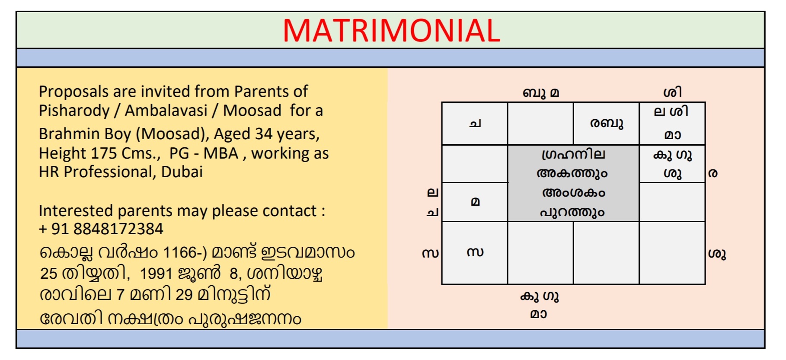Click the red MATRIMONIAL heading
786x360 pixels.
[391, 30]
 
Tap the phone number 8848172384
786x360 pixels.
[118, 229]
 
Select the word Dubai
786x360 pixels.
[182, 172]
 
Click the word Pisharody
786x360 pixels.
[74, 111]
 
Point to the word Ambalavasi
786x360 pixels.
[166, 110]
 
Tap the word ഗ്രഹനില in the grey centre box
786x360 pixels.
[573, 154]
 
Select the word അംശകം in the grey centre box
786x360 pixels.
[573, 192]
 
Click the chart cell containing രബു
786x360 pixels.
[606, 123]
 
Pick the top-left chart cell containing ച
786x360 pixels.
[474, 123]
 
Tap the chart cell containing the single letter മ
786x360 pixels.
[474, 202]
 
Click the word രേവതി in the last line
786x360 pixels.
[72, 319]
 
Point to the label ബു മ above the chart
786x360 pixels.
[541, 92]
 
